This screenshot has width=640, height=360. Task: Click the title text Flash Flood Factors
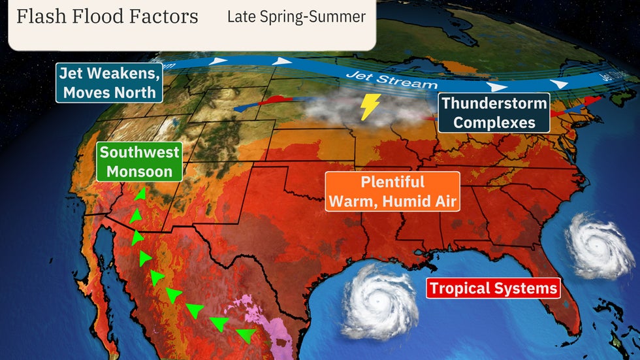click(x=107, y=16)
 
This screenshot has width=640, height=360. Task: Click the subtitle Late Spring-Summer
click(x=296, y=17)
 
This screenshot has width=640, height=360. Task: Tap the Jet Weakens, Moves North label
click(x=109, y=82)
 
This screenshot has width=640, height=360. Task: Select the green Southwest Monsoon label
click(x=139, y=162)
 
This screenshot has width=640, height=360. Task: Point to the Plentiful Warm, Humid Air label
click(x=392, y=191)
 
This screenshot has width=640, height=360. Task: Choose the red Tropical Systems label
click(x=493, y=288)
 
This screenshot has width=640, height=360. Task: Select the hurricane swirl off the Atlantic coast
click(x=598, y=248)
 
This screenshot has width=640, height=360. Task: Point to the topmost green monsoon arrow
click(x=139, y=195)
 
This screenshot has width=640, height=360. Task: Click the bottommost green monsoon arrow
click(x=246, y=336)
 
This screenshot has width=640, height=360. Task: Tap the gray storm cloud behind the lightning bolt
click(x=340, y=111)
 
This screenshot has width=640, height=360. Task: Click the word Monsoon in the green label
click(x=139, y=171)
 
